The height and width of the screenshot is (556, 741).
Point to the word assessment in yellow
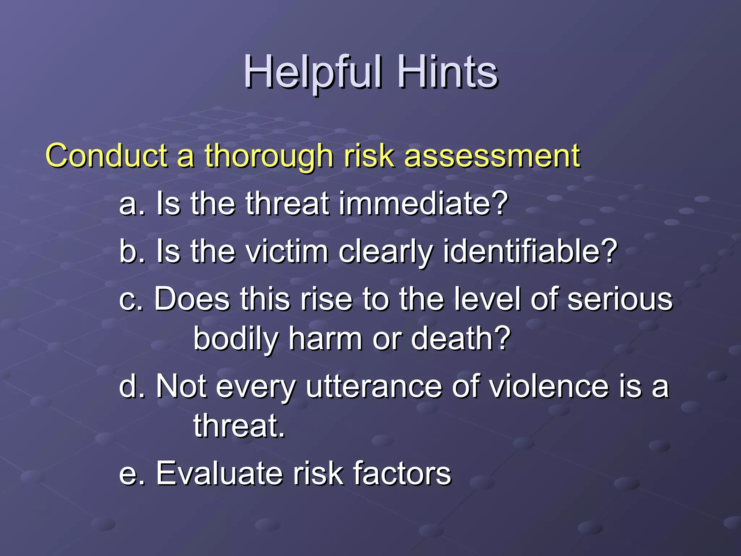click(492, 156)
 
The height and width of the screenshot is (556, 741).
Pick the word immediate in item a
click(416, 203)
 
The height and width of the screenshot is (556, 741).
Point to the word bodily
click(235, 340)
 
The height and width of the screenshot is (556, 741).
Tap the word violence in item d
click(550, 387)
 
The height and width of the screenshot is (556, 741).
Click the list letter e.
click(128, 474)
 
